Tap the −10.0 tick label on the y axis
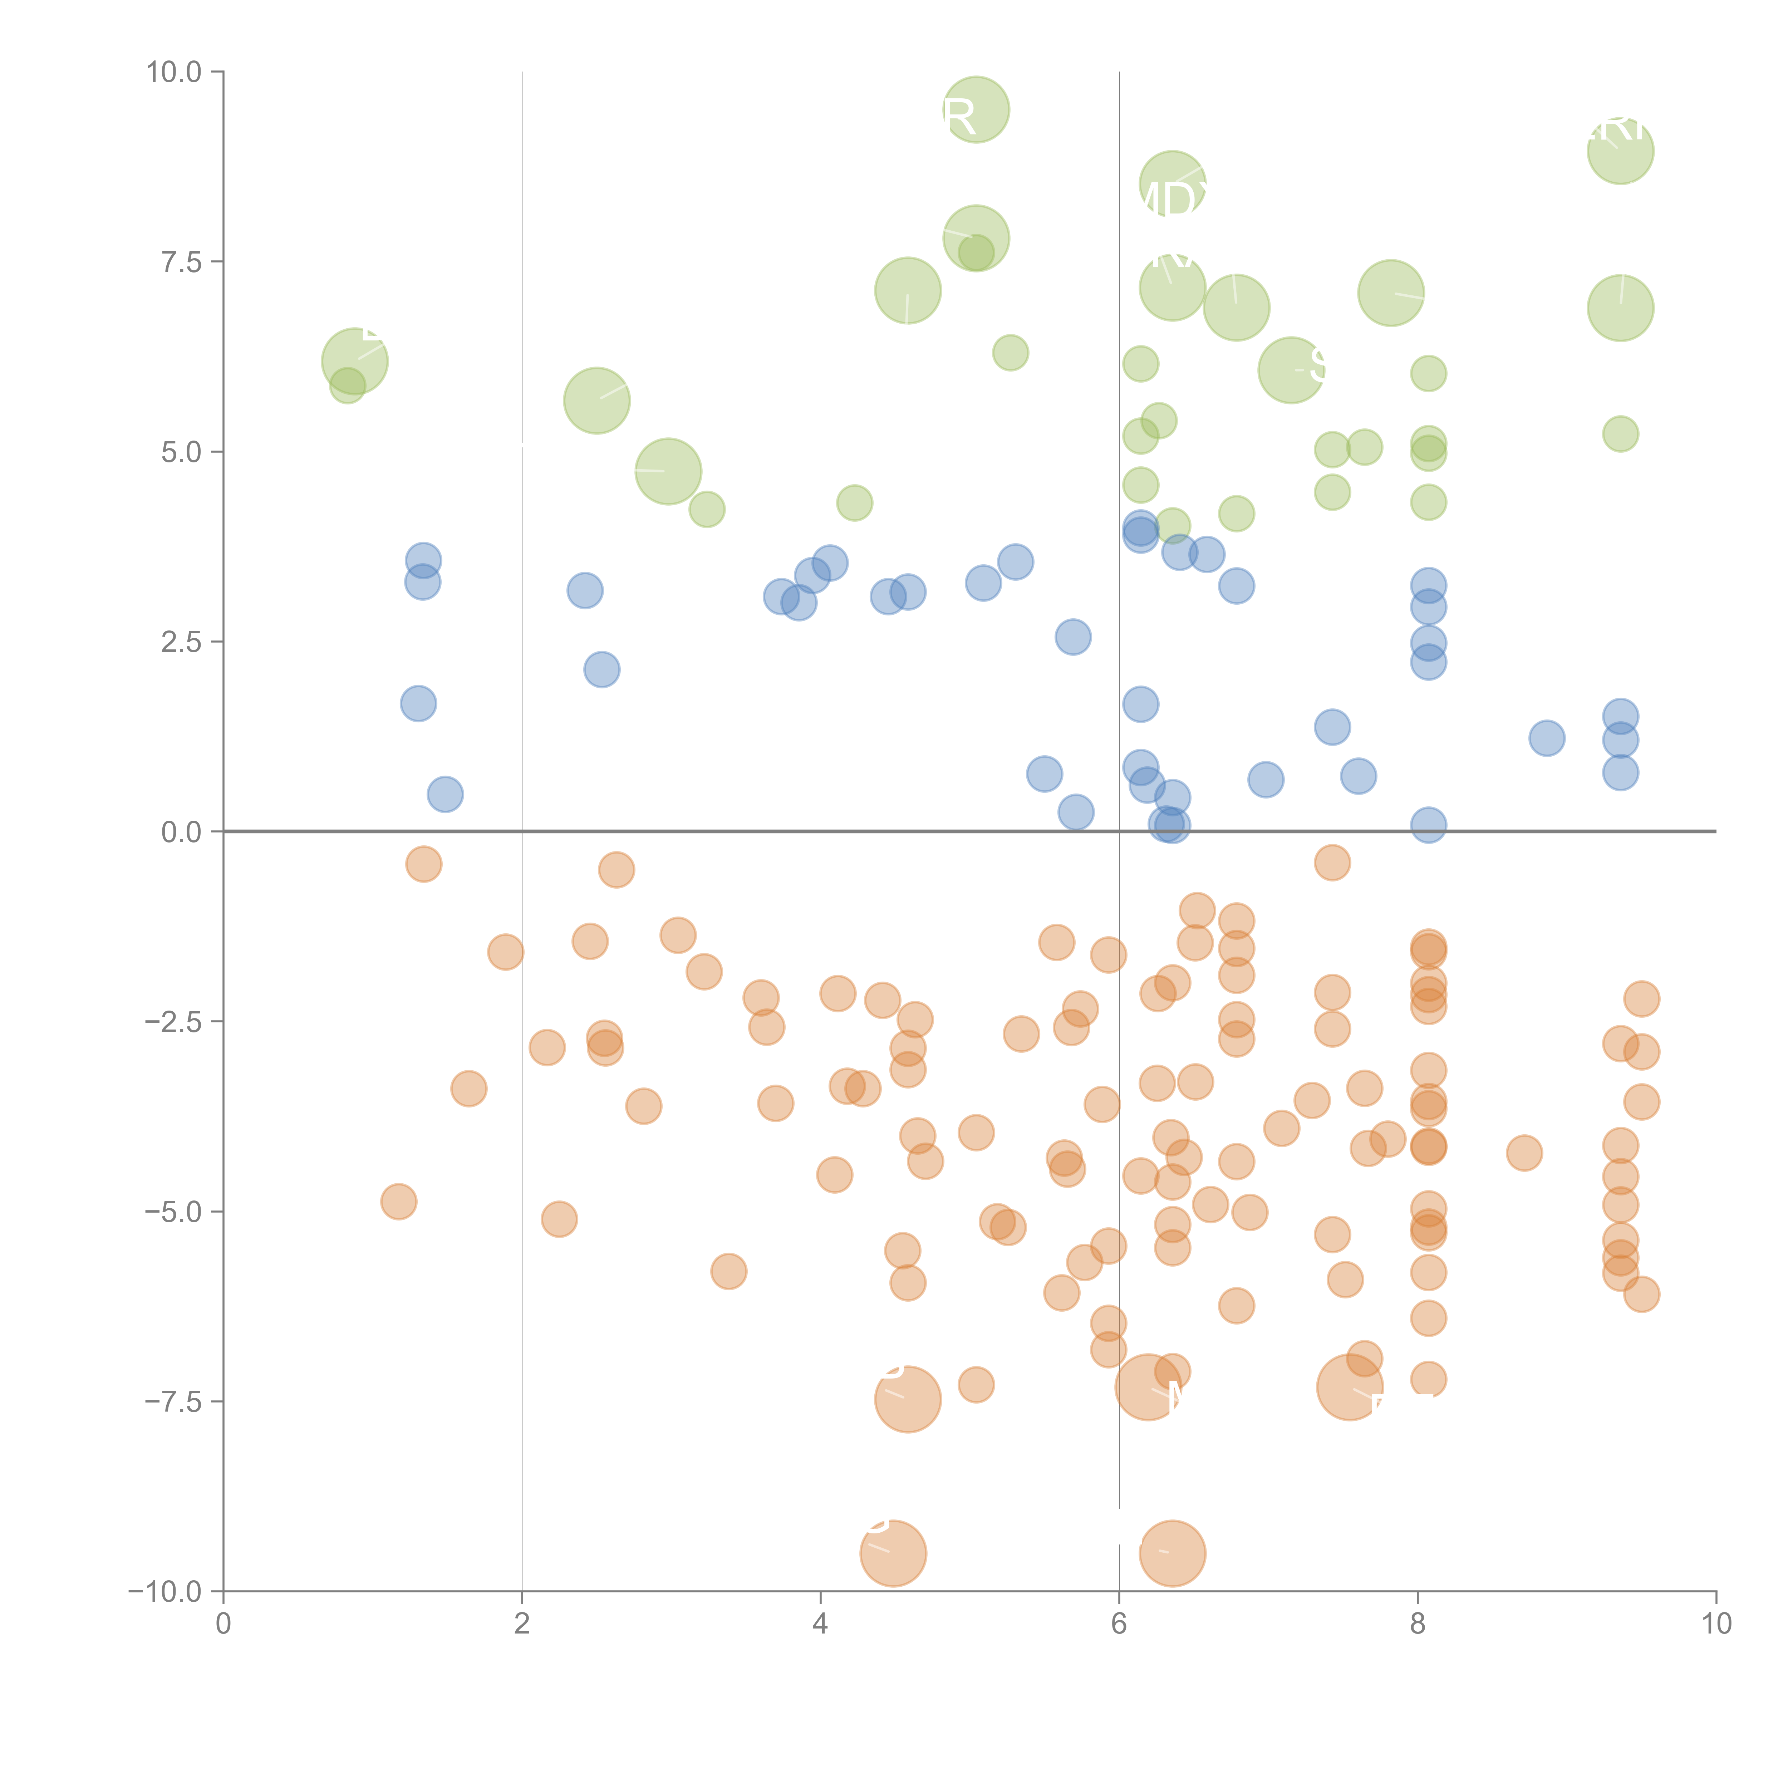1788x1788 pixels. coord(165,1592)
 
